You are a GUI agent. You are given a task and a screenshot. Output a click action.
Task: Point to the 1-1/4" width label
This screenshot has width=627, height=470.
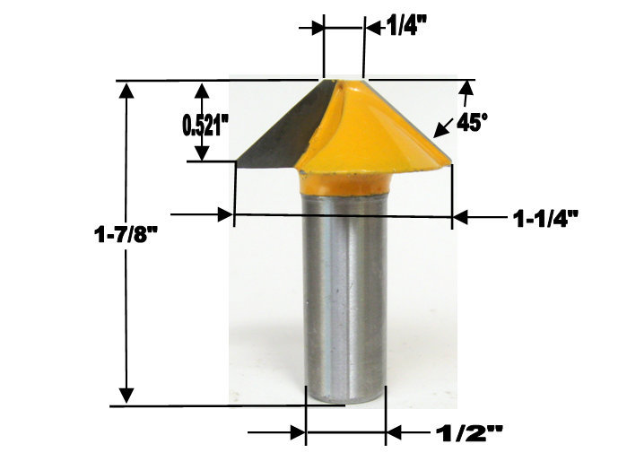(544, 216)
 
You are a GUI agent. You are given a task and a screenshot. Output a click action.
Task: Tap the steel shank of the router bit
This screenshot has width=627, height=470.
(345, 296)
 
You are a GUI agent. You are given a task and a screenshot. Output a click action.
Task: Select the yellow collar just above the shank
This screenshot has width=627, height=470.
(345, 183)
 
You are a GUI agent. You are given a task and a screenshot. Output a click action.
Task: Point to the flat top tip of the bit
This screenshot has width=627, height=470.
(344, 82)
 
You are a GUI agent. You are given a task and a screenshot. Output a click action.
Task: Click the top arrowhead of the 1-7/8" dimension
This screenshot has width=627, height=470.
(127, 90)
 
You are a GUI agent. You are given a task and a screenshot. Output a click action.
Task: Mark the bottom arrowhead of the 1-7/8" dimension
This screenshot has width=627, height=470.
(127, 396)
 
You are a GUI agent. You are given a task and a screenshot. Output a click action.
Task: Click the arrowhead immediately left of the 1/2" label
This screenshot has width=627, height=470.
(394, 433)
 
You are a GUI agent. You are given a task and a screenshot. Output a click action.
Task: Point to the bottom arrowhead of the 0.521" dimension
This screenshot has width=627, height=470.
(202, 154)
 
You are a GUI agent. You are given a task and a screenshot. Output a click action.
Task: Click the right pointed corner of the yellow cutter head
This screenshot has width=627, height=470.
(448, 162)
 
